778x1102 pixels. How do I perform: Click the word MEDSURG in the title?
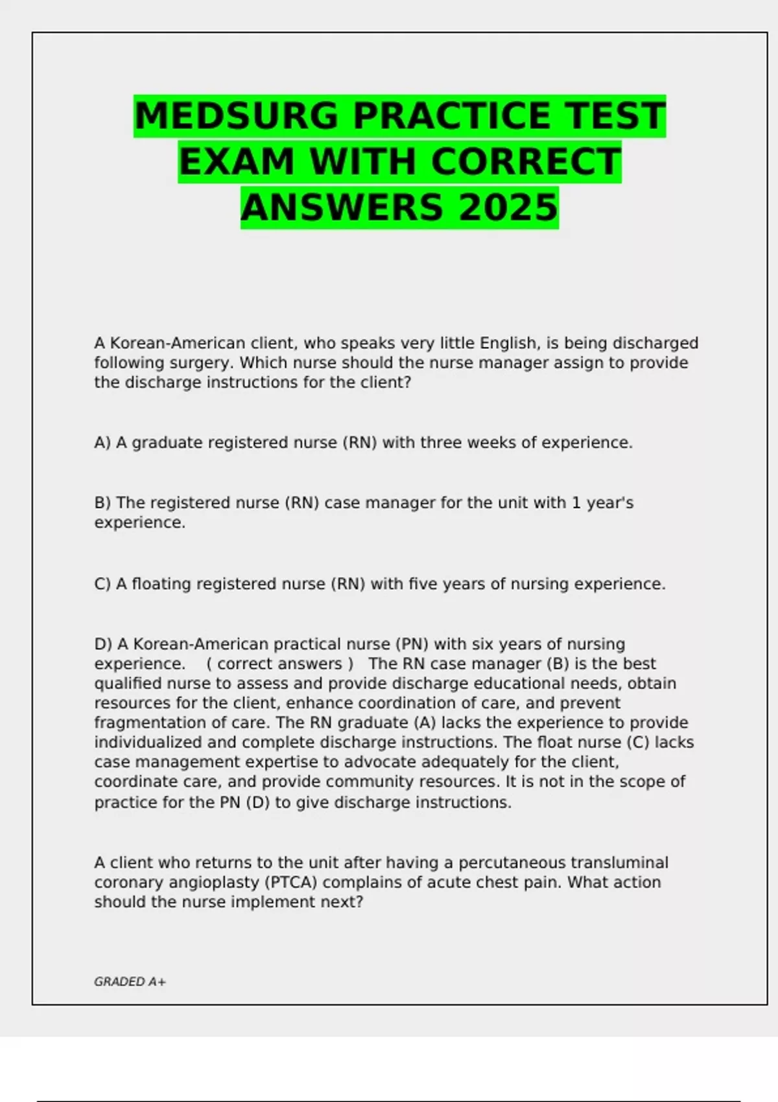(x=237, y=116)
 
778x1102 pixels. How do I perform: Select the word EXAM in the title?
(x=237, y=162)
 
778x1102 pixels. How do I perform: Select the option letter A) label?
(x=103, y=443)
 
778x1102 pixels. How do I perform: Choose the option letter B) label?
(x=103, y=503)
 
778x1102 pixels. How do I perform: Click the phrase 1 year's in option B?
(x=602, y=503)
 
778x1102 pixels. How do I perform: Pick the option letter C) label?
(x=103, y=584)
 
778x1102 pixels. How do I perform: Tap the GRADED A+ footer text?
(x=130, y=982)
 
